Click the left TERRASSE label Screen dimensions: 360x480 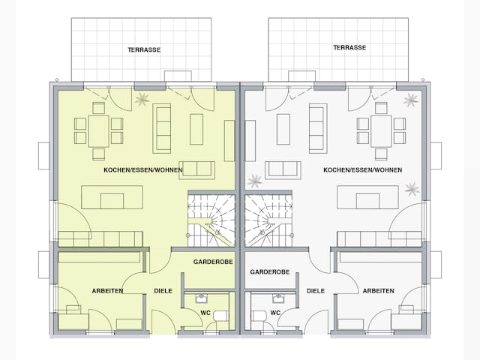tap(143, 49)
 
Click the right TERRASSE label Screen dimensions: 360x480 tap(349, 47)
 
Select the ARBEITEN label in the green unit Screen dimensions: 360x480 tap(108, 290)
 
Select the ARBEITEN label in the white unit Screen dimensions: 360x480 tap(377, 290)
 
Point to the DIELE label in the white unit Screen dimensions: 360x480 tap(315, 290)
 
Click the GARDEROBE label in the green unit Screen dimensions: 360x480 tap(213, 262)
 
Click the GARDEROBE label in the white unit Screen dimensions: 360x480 tap(270, 271)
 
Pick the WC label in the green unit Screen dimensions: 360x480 tap(205, 312)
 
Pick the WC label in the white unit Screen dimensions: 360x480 tap(275, 312)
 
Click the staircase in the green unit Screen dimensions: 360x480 tap(211, 220)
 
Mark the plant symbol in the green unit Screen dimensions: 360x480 tap(141, 97)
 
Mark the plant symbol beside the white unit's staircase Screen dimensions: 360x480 tap(256, 180)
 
